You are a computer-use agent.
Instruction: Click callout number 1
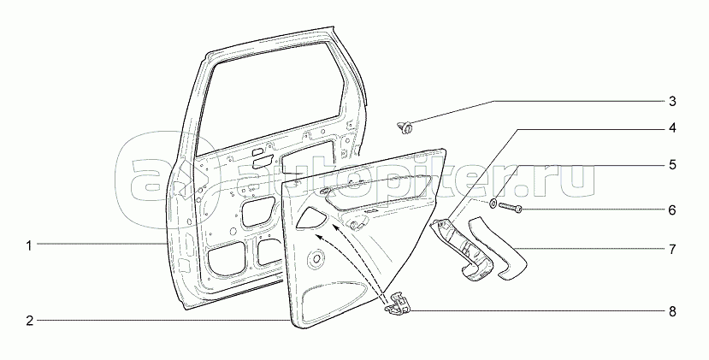tap(28, 245)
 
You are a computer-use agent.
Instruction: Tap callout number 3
tap(672, 102)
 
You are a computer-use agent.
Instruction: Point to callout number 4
tap(672, 128)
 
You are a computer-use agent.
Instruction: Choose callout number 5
tap(672, 162)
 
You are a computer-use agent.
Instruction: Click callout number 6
tap(672, 210)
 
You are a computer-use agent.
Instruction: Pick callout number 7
tap(672, 250)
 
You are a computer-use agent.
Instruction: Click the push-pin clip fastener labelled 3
tap(407, 128)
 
